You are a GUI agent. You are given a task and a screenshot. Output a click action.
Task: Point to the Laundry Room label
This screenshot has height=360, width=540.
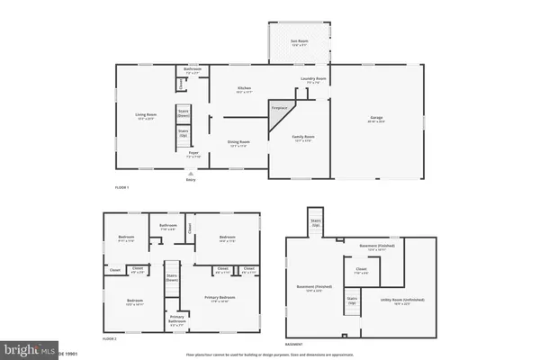313,79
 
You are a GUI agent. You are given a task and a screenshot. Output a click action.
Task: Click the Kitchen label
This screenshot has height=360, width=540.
243,89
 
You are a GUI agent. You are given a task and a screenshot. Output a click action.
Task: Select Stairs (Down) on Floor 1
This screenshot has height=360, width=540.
183,115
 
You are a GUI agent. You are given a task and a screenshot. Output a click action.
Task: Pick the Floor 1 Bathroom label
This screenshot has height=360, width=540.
191,69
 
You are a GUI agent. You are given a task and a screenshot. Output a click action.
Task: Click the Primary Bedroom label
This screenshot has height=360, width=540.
220,297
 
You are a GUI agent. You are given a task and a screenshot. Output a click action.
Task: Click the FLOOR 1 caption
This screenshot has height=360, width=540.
121,186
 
